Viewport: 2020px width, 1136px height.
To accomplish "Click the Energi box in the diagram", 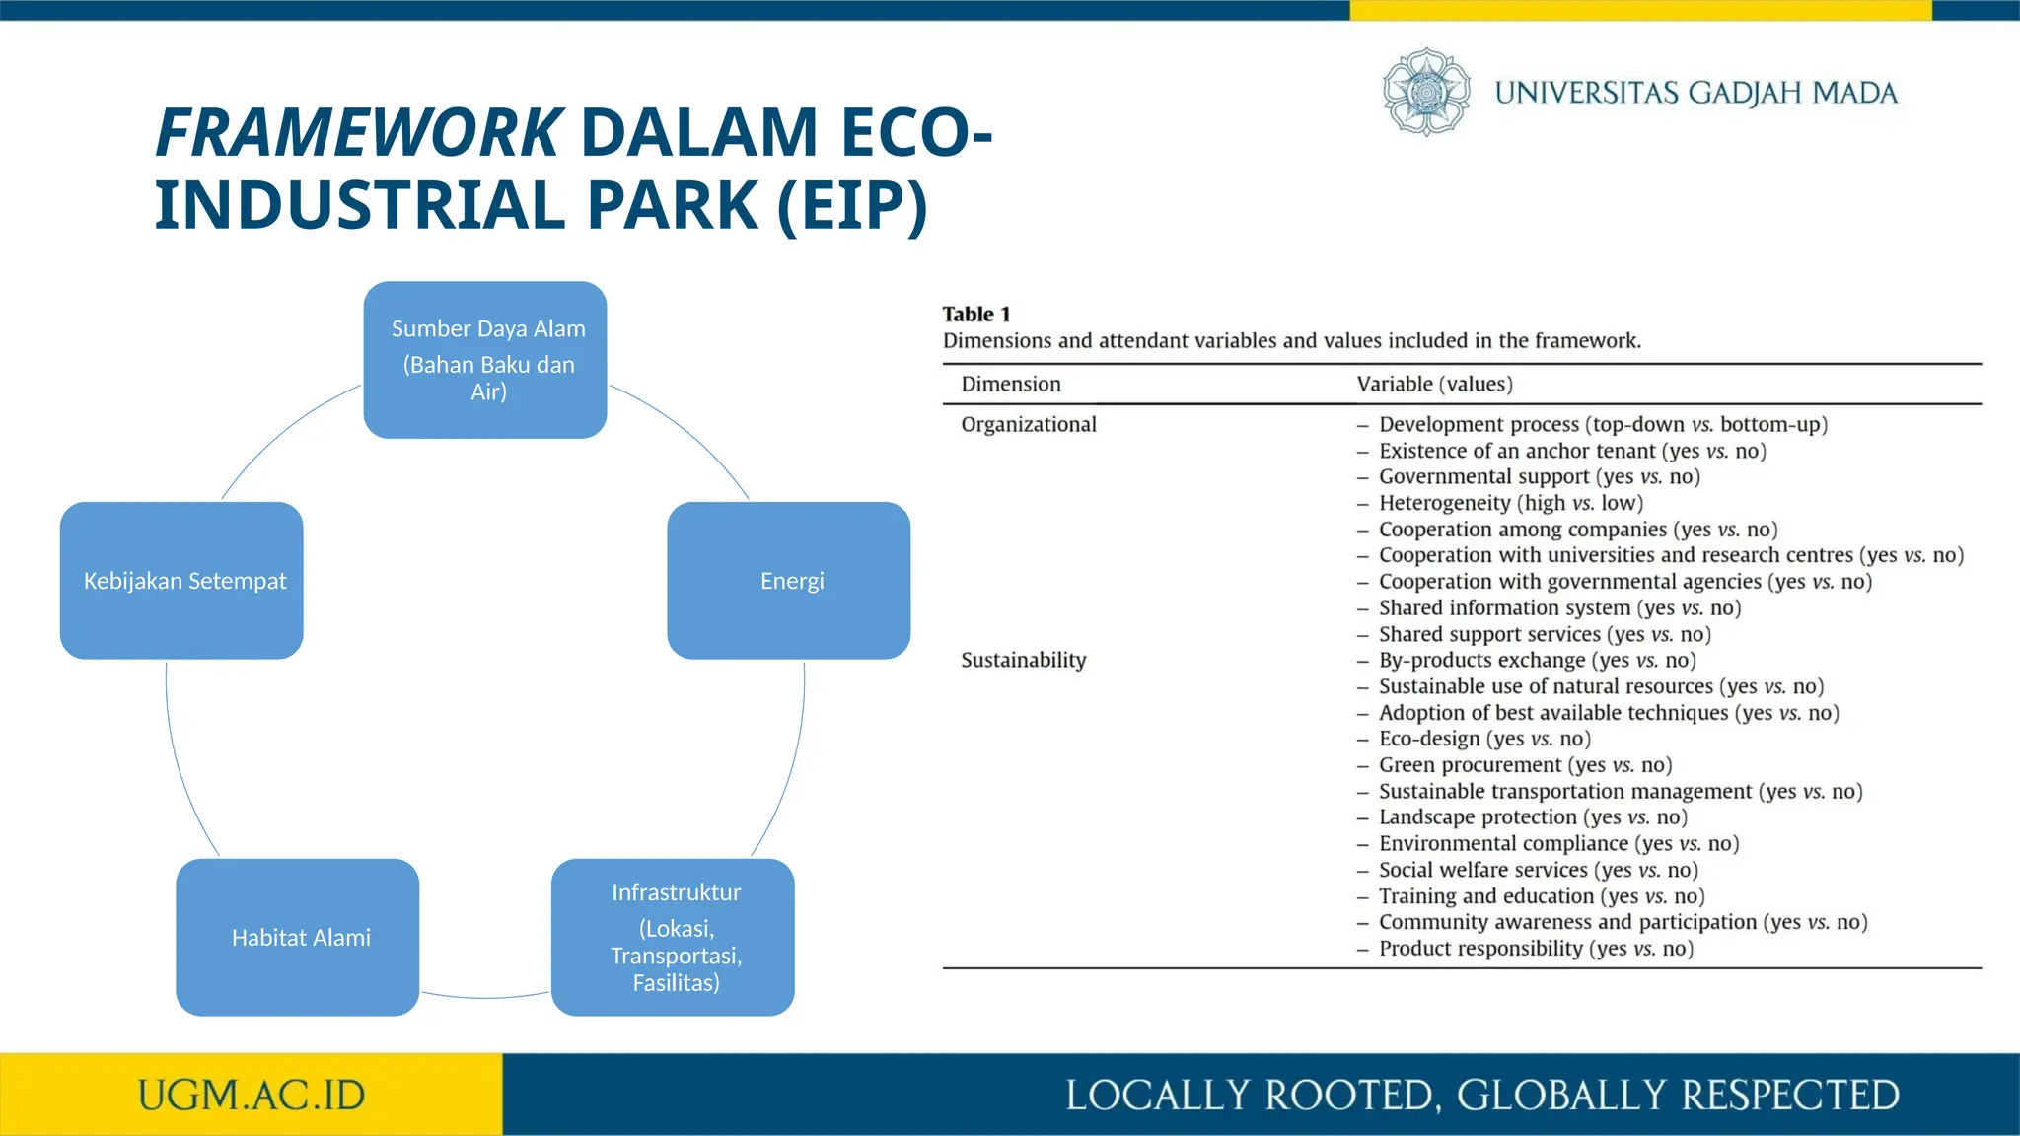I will pyautogui.click(x=789, y=581).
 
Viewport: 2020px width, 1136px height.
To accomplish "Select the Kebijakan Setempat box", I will pyautogui.click(x=181, y=581).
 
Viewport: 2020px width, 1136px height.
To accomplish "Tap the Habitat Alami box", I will pyautogui.click(x=298, y=938).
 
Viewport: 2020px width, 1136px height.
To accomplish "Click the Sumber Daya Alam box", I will pyautogui.click(x=485, y=360).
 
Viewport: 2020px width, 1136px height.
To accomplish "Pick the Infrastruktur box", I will pyautogui.click(x=673, y=938).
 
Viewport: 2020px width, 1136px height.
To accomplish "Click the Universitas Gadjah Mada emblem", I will pyautogui.click(x=1426, y=92).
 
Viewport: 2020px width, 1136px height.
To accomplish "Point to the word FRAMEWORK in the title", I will pyautogui.click(x=359, y=133).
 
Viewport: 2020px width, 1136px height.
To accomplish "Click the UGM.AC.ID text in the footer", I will pyautogui.click(x=252, y=1096).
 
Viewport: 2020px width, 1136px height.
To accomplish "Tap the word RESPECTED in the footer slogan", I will pyautogui.click(x=1789, y=1096).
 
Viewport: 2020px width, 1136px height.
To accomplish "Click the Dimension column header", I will pyautogui.click(x=1011, y=385).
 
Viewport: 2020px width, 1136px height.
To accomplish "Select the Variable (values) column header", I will pyautogui.click(x=1434, y=385).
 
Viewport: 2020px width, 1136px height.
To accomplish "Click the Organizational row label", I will pyautogui.click(x=1029, y=425).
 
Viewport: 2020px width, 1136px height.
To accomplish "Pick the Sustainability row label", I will pyautogui.click(x=1024, y=661).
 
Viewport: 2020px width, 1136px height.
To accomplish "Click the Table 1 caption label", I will pyautogui.click(x=976, y=315).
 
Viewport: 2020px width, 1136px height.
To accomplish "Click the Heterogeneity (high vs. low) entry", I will pyautogui.click(x=1510, y=504).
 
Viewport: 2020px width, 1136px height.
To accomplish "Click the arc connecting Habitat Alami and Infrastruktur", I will pyautogui.click(x=485, y=997).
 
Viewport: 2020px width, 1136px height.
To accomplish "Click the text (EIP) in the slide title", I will pyautogui.click(x=852, y=205).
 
